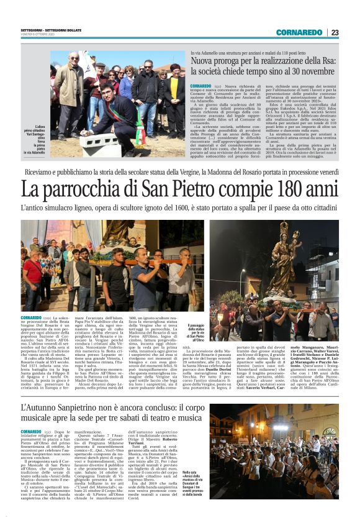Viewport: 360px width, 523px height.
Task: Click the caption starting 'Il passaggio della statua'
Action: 197,332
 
